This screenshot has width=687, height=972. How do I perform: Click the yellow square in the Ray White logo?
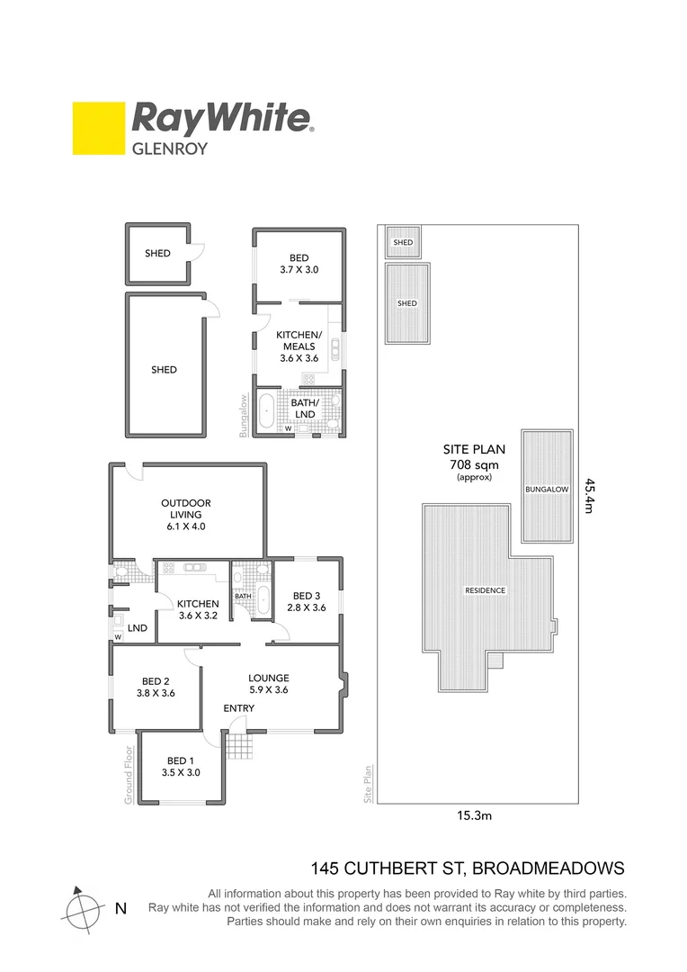pyautogui.click(x=98, y=129)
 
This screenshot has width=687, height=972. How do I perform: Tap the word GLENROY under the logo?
pyautogui.click(x=170, y=148)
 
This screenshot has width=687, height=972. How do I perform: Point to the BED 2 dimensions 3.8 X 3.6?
pyautogui.click(x=155, y=694)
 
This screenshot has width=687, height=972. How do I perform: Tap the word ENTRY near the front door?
pyautogui.click(x=239, y=708)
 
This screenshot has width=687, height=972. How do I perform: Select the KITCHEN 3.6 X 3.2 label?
pyautogui.click(x=198, y=610)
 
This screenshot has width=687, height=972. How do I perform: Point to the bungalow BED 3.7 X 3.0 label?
pyautogui.click(x=298, y=262)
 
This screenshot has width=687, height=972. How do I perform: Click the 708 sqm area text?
pyautogui.click(x=474, y=464)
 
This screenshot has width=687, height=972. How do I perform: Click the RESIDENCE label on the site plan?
pyautogui.click(x=485, y=591)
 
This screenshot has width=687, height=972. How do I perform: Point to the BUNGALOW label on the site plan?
pyautogui.click(x=548, y=490)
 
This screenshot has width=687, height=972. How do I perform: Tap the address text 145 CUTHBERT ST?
pyautogui.click(x=387, y=868)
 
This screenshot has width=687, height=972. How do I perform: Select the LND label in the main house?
pyautogui.click(x=138, y=626)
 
